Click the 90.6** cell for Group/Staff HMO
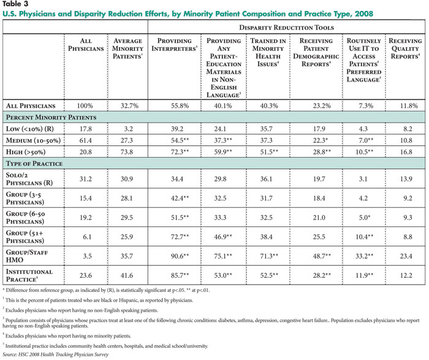pos(180,256)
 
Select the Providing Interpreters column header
pos(174,45)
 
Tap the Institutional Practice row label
pos(29,275)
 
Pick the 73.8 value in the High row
pos(127,152)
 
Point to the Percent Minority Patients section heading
pos(51,117)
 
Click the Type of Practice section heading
pos(34,163)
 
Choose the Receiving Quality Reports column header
pos(405,48)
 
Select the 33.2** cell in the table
pos(364,256)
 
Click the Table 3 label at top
pos(15,4)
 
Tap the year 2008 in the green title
pos(364,13)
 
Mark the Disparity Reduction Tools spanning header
pos(286,28)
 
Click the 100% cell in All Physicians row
pos(85,105)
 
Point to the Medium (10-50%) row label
pos(33,140)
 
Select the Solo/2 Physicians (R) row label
pos(29,178)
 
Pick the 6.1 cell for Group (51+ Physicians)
pos(87,237)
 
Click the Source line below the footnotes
pos(56,354)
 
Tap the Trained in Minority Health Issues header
pos(268,52)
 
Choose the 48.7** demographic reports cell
pos(322,256)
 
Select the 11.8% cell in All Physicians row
pos(409,105)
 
